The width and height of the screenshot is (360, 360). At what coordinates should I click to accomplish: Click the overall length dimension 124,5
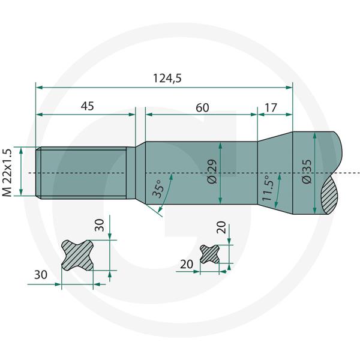point(167,78)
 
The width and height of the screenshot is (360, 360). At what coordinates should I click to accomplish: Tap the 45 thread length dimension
point(88,106)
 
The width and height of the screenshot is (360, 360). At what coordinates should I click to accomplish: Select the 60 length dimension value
point(202,107)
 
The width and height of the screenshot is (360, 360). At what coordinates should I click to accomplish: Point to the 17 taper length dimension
point(271,107)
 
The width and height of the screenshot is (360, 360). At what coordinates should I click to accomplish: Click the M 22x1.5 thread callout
point(7,172)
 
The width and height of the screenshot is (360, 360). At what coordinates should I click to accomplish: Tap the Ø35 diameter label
point(307,171)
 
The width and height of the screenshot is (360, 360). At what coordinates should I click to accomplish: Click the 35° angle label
point(158,189)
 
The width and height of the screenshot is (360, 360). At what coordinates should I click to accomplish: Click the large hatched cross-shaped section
point(77,256)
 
